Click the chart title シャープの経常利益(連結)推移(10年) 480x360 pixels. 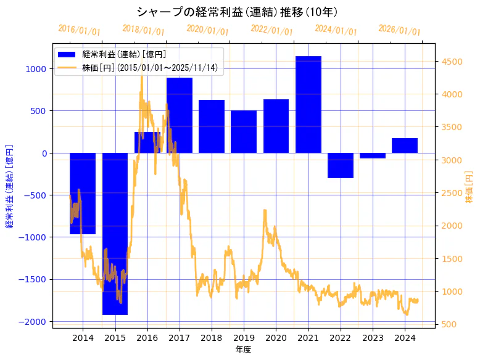pyautogui.click(x=237, y=12)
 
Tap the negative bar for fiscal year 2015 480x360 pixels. pyautogui.click(x=115, y=234)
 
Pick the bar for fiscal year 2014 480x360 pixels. pyautogui.click(x=83, y=194)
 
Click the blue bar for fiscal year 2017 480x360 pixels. pyautogui.click(x=180, y=115)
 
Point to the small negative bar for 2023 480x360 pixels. pyautogui.click(x=373, y=156)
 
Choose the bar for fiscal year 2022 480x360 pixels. pyautogui.click(x=341, y=165)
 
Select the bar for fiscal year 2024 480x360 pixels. pyautogui.click(x=405, y=145)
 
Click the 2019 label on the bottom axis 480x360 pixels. pyautogui.click(x=244, y=338)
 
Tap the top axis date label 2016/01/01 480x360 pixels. pyautogui.click(x=79, y=30)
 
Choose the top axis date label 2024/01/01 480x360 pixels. pyautogui.click(x=336, y=30)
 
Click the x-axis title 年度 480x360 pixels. pyautogui.click(x=244, y=350)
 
